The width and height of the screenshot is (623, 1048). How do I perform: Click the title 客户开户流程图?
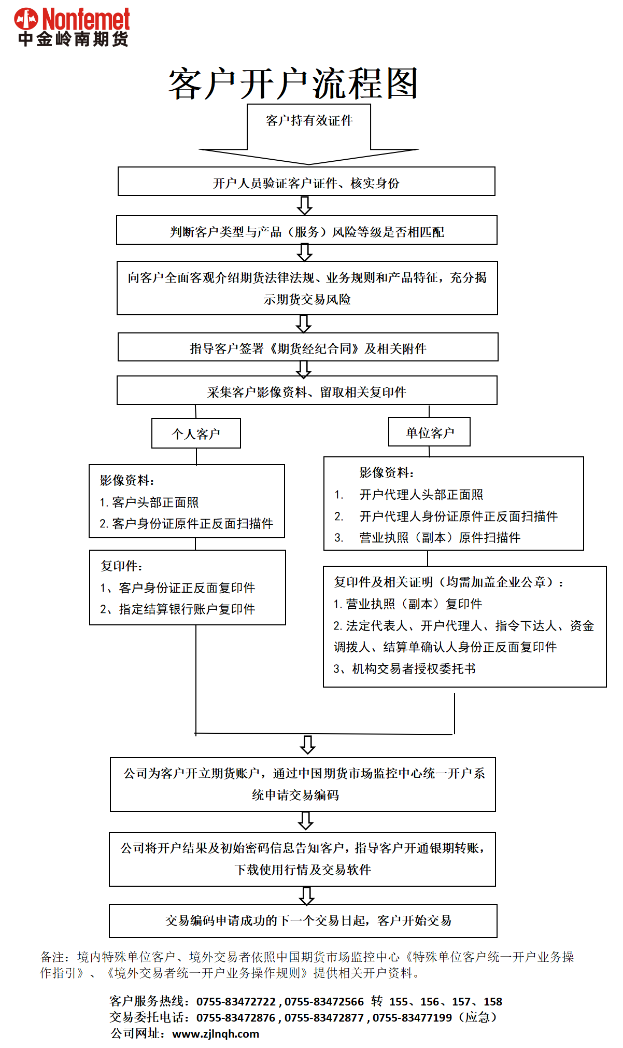coord(293,83)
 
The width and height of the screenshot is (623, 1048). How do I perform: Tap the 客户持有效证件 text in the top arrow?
coord(309,121)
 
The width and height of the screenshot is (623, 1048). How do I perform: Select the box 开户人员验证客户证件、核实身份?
coord(306,182)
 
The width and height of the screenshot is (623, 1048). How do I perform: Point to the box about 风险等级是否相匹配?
coord(307,231)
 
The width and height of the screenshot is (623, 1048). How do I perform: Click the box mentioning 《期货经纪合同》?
coord(308,347)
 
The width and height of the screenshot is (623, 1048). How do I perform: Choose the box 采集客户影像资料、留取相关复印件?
coord(307,391)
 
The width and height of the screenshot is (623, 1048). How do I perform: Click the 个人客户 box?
coord(196,434)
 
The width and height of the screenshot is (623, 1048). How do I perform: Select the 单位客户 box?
coord(429,432)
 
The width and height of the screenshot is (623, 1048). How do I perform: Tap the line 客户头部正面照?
coord(154,502)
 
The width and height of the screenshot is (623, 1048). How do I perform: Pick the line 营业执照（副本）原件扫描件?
coord(440,538)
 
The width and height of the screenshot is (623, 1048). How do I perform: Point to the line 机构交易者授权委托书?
coord(413,669)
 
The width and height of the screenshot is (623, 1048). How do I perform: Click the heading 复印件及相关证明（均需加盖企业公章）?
coord(449,582)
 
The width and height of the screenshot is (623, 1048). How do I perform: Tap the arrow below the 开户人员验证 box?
coord(305,205)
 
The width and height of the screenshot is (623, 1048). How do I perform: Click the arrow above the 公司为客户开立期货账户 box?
coord(308,745)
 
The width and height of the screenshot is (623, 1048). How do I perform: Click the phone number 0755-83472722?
coord(236,1001)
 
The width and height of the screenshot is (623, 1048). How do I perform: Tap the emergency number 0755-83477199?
coord(412,1017)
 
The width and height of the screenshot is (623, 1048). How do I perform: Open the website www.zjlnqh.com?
coord(216,1033)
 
